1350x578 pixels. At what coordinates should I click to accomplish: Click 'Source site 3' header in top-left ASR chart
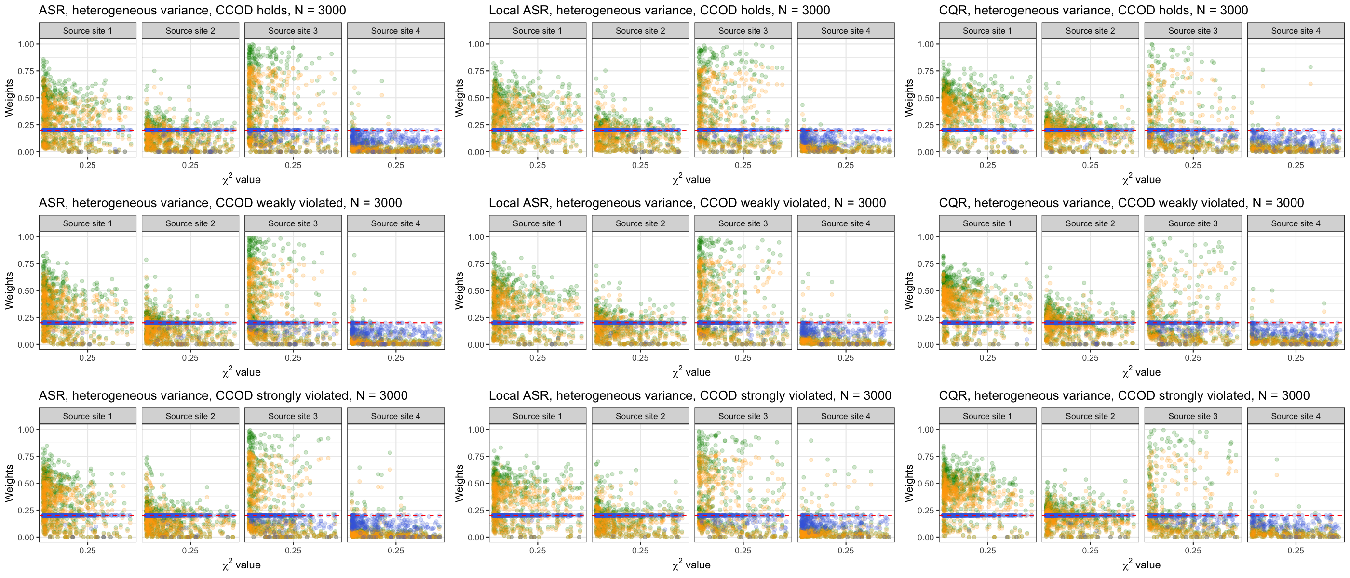[x=293, y=31]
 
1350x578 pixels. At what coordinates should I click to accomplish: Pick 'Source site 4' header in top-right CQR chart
[x=1296, y=31]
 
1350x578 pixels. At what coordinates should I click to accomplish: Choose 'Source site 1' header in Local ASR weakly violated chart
[x=537, y=223]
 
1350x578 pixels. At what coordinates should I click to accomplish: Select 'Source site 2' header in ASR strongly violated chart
[x=190, y=416]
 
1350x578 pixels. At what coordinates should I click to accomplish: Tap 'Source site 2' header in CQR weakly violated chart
[x=1090, y=223]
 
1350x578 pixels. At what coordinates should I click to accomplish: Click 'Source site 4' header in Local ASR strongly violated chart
[x=845, y=416]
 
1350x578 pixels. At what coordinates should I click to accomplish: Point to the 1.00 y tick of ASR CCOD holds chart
[x=26, y=44]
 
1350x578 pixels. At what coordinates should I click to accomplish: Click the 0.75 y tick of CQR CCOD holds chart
[x=926, y=71]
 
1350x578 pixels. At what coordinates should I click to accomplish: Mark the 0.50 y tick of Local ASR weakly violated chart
[x=476, y=290]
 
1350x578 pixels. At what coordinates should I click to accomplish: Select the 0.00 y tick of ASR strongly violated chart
[x=26, y=537]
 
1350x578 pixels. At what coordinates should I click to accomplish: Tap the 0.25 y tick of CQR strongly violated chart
[x=926, y=511]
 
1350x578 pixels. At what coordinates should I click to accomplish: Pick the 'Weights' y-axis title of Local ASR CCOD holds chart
[x=459, y=98]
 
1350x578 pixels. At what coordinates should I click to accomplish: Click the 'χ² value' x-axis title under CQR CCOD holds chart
[x=1141, y=180]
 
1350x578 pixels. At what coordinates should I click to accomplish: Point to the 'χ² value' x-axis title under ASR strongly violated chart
[x=241, y=565]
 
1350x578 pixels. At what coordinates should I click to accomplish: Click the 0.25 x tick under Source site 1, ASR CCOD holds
[x=88, y=165]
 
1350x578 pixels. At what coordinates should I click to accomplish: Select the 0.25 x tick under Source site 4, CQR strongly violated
[x=1296, y=550]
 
